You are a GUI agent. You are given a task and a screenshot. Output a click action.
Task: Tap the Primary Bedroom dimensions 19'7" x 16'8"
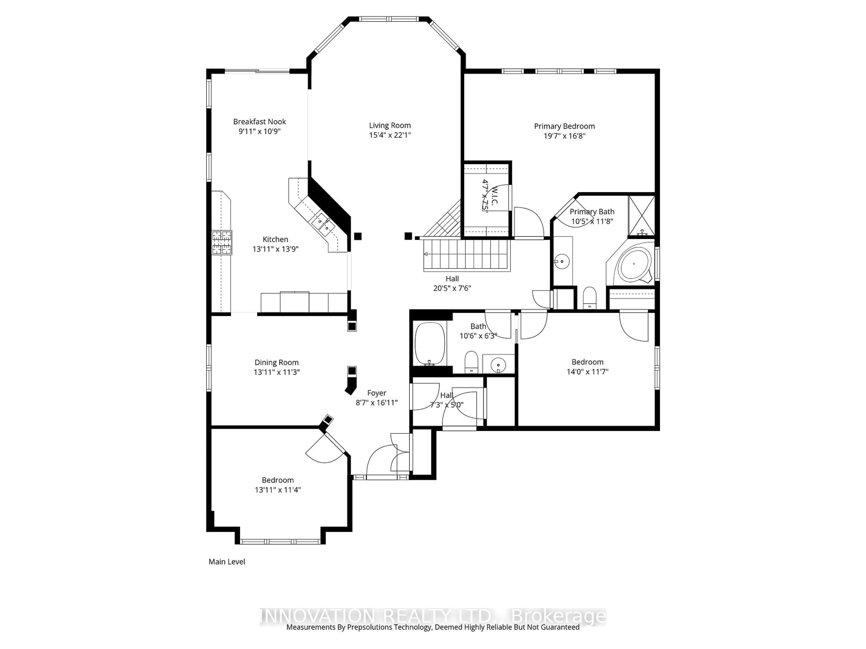click(564, 136)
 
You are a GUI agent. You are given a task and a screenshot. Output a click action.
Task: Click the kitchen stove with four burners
click(222, 242)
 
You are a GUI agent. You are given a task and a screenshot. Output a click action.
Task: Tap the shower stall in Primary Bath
click(641, 216)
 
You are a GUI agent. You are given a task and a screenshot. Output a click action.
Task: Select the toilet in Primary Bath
click(589, 298)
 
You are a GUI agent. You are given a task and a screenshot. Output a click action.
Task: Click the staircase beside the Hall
click(466, 254)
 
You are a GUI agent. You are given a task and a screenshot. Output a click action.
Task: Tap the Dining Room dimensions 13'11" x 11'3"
click(276, 372)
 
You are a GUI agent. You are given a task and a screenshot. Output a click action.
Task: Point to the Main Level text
click(227, 562)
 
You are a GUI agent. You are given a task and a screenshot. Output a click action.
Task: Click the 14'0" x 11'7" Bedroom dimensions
click(587, 372)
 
